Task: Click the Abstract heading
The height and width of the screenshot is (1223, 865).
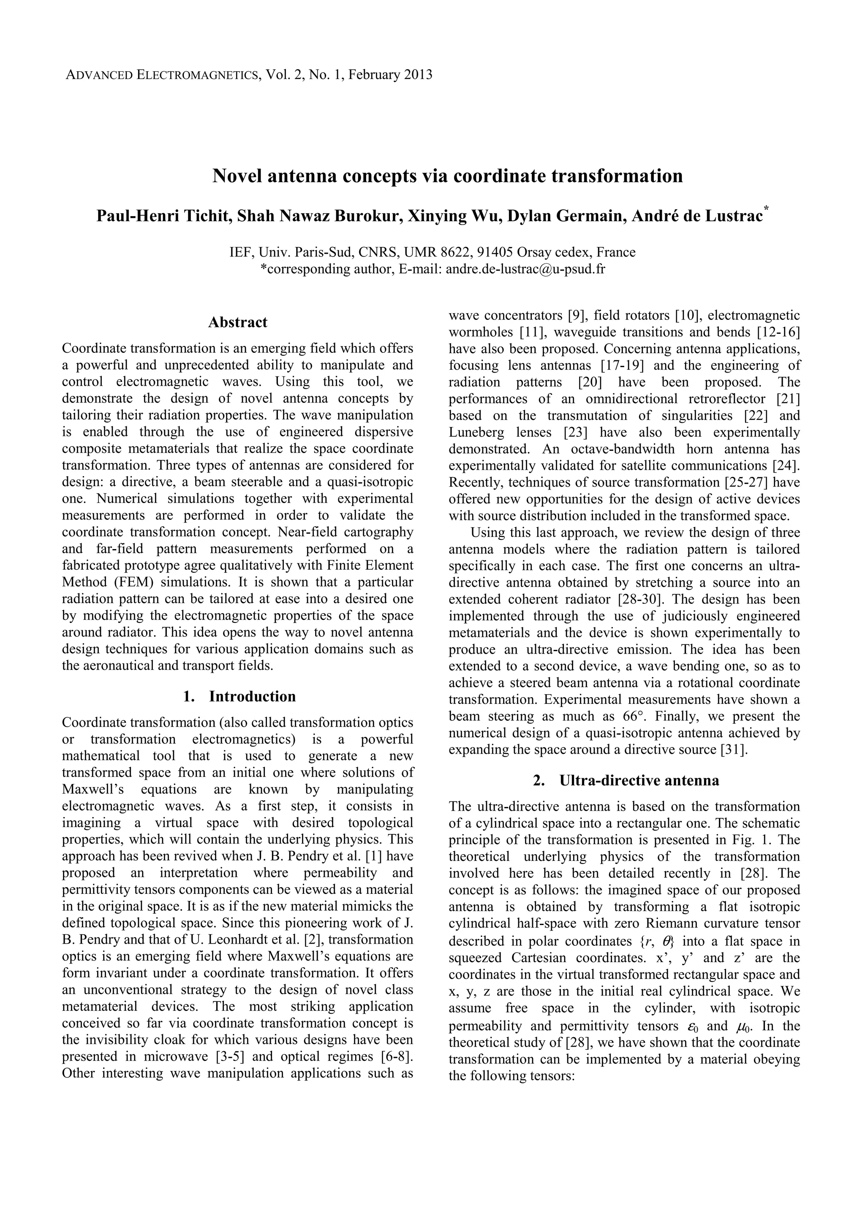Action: coord(238,322)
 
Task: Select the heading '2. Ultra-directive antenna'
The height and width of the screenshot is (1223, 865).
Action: coord(625,780)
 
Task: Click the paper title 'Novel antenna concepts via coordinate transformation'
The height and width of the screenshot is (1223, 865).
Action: coord(447,175)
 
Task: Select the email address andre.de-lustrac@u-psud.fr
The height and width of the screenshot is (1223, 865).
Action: coord(525,269)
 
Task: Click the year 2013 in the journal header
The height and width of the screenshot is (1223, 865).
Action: coord(419,75)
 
